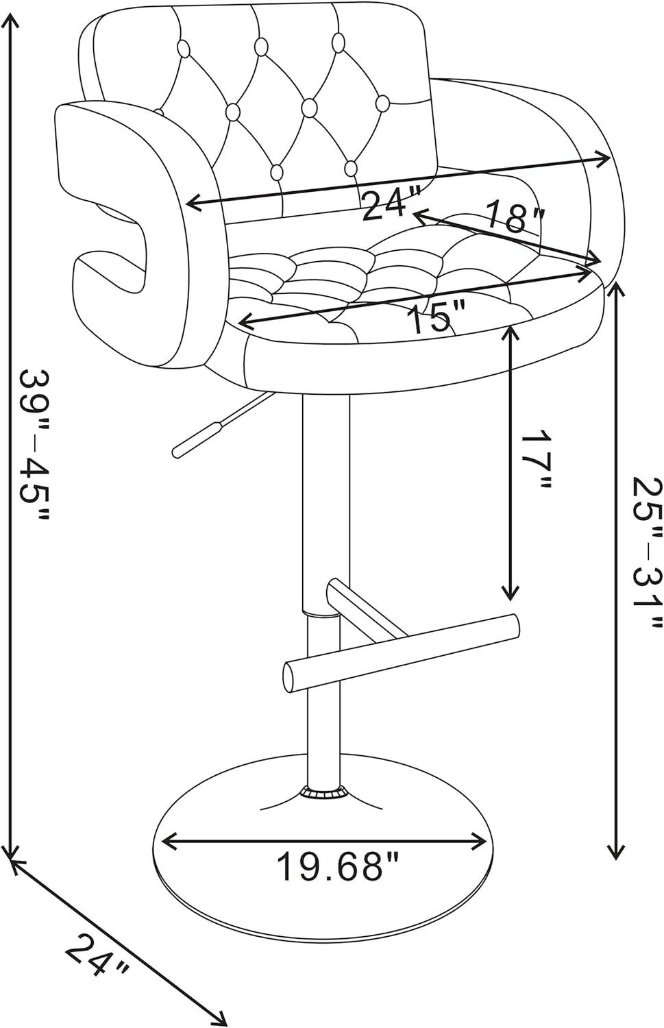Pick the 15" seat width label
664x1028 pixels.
tap(436, 317)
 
